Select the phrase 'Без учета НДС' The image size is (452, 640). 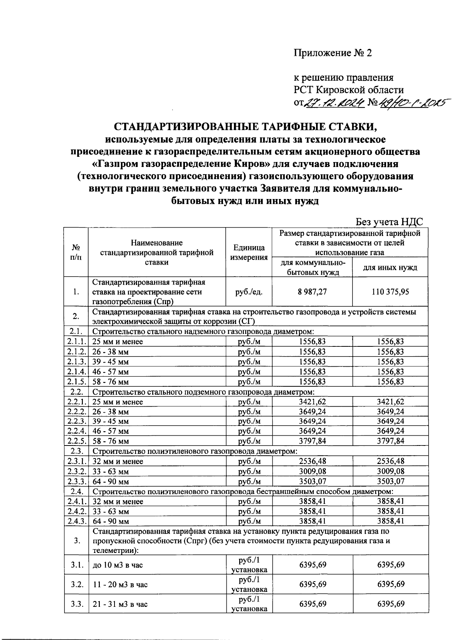click(389, 222)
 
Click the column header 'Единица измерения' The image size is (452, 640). click(249, 253)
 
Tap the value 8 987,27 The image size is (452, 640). click(312, 292)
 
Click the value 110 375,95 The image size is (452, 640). click(390, 292)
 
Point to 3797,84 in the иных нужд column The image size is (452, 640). click(390, 441)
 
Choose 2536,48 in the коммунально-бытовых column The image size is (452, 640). click(312, 461)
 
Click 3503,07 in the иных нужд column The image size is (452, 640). click(390, 481)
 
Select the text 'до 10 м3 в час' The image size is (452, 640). click(118, 565)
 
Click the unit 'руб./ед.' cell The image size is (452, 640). click(249, 292)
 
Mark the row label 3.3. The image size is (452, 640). click(77, 604)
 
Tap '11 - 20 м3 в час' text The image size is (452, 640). click(120, 585)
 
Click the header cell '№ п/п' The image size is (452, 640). click(76, 253)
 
